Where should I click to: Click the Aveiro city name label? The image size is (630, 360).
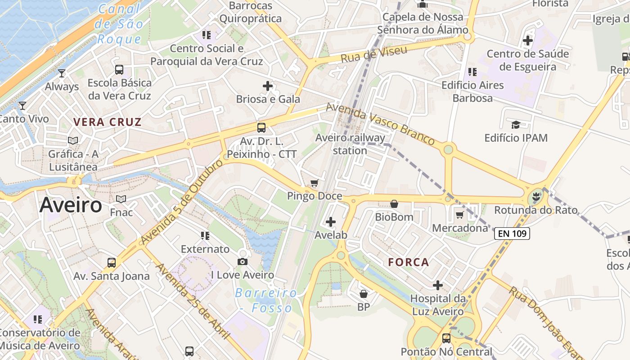coord(71,205)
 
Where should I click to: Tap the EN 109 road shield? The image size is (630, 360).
coord(512,234)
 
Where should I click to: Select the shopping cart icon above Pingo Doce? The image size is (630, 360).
coord(315,183)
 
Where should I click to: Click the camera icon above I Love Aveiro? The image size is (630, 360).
coord(243,261)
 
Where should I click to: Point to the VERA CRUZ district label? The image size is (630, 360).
coord(108,122)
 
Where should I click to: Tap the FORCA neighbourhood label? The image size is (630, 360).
coord(409,262)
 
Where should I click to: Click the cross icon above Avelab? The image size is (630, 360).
coord(331,221)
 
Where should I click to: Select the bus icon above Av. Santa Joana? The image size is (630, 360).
coord(111,262)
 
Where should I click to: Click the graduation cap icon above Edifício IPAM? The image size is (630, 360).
coord(516,124)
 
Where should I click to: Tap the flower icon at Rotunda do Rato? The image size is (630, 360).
coord(535,197)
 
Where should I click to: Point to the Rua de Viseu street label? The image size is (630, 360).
coord(374,54)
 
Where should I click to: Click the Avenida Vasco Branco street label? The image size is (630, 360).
coord(380,123)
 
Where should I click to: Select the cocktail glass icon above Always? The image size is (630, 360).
coord(62,73)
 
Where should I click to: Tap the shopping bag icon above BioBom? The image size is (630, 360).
coord(394,204)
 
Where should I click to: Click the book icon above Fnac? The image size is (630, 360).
coord(121,199)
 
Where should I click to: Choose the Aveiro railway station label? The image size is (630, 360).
coord(350,144)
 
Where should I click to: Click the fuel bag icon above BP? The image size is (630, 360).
coord(364,294)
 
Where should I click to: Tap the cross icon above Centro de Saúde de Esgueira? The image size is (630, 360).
coord(528,40)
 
